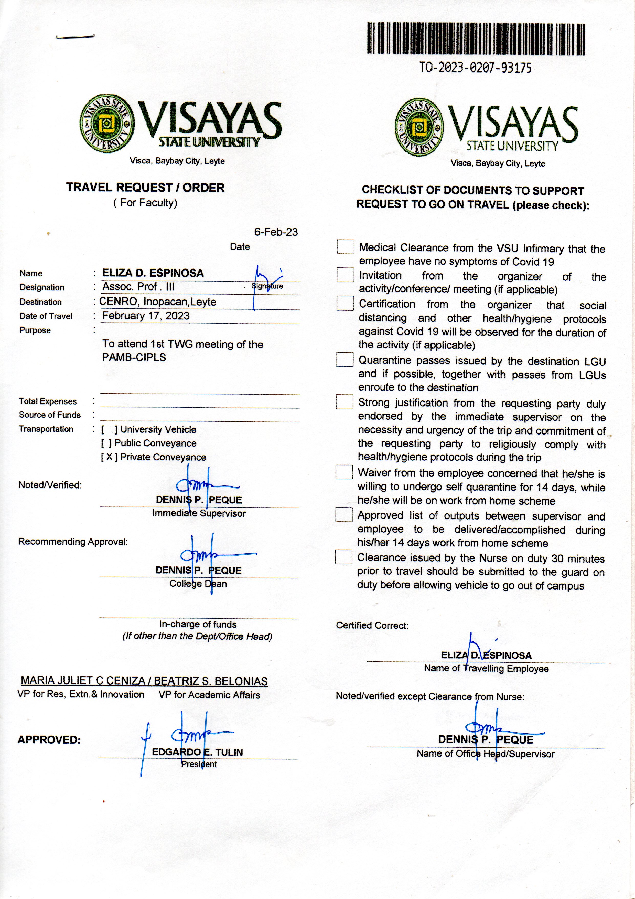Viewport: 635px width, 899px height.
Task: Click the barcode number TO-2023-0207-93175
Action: (x=475, y=68)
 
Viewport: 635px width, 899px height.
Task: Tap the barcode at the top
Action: (x=476, y=38)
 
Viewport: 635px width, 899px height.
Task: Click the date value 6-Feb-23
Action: (x=276, y=232)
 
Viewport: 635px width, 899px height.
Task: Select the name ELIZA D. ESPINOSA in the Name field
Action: (x=153, y=273)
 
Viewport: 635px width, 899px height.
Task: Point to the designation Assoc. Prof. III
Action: (x=138, y=287)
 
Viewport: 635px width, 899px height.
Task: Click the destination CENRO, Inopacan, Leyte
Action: (x=158, y=302)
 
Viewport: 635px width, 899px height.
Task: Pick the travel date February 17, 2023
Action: (x=146, y=316)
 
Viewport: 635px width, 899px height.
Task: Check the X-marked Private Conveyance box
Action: (x=109, y=457)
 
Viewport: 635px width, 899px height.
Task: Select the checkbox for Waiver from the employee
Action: (x=344, y=472)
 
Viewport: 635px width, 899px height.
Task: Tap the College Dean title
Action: (x=198, y=584)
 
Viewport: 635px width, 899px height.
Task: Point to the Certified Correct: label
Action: (x=372, y=626)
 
